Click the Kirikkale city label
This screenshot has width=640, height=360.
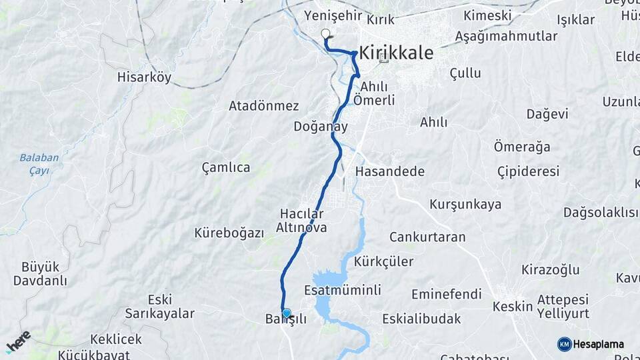pos(397,53)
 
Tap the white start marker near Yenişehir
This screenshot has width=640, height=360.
pos(325,33)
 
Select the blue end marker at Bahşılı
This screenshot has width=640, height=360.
pos(287,313)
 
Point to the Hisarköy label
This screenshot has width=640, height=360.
pos(144,77)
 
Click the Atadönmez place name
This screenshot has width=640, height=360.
pos(263,106)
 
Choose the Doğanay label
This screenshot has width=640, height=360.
pos(320,126)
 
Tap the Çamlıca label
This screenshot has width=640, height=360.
pos(226,167)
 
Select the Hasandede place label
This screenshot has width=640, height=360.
pos(390,171)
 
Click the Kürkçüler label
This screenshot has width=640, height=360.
pos(384,261)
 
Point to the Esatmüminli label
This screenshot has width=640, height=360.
pos(342,290)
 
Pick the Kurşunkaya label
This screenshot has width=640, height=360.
pos(465,204)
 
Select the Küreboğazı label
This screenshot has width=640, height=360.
pos(229,233)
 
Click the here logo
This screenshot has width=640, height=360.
pos(18,341)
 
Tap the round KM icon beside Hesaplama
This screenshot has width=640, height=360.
pos(564,344)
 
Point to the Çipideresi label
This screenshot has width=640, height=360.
pos(528,171)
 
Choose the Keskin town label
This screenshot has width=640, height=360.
pos(512,307)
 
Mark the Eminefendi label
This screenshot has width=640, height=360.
pos(446,294)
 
